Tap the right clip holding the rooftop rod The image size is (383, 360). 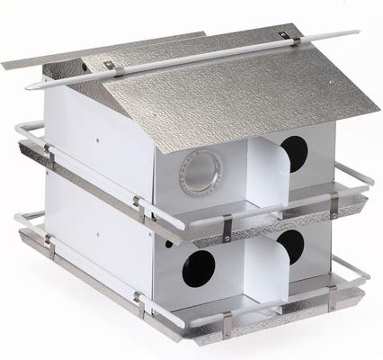pos(285,38)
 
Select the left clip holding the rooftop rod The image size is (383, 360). pos(108,66)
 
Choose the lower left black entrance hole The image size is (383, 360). pos(199,269)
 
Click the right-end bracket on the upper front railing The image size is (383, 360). pos(334,204)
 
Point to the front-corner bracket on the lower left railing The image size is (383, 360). pos(138,303)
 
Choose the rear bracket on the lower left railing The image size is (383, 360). pos(48,240)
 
